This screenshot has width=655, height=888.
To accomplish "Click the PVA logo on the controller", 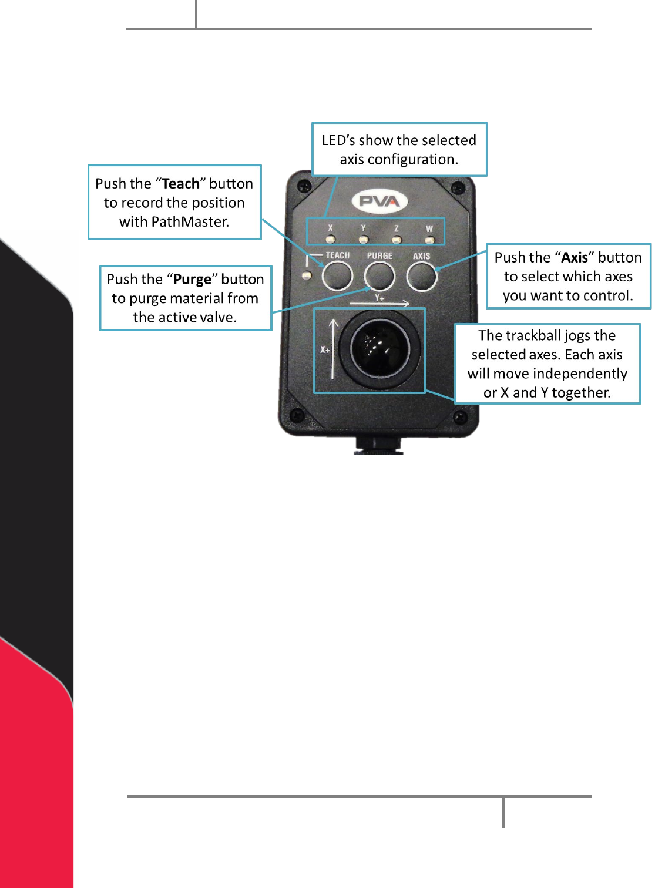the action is click(x=379, y=201).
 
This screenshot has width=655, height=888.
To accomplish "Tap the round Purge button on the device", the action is click(x=379, y=276).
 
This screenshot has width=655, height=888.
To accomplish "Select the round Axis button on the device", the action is click(x=422, y=277).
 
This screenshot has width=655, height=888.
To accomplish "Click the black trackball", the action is click(x=379, y=348).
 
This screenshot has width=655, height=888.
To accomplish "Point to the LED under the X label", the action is click(x=331, y=239).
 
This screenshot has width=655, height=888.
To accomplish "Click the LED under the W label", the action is click(x=430, y=240).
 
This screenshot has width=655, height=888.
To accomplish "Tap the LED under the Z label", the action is click(x=397, y=240).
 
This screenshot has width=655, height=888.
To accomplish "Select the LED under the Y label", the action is click(x=364, y=240).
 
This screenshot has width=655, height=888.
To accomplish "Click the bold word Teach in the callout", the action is click(x=181, y=184).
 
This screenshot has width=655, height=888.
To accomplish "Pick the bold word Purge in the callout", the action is click(x=192, y=280).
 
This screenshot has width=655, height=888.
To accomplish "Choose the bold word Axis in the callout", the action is click(x=575, y=258).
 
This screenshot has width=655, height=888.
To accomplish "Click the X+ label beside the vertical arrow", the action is click(x=325, y=349).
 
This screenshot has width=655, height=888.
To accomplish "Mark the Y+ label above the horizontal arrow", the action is click(x=379, y=298).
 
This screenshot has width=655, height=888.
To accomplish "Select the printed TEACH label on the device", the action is click(x=338, y=255).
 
